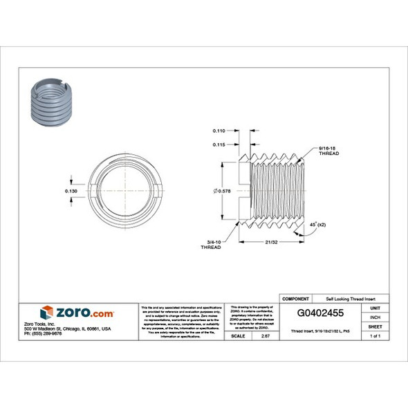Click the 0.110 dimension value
coord(219,131)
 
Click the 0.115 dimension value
coord(219,145)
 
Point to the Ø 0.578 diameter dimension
coord(222,190)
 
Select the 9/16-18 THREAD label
coord(328,151)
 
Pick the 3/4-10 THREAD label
coord(210,245)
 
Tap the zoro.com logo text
coord(84,313)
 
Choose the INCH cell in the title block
coord(376,317)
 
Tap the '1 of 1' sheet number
coord(376,335)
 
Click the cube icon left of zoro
coord(46,313)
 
